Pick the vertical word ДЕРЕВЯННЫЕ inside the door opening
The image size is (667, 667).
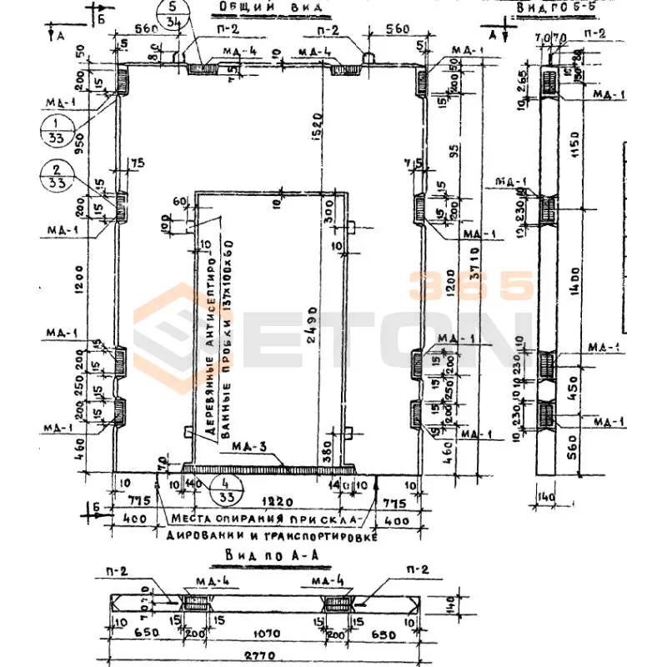(194, 392)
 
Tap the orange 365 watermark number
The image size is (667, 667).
(471, 286)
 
